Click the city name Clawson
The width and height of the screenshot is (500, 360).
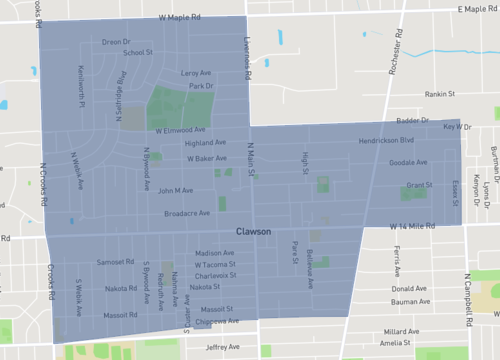click(x=256, y=231)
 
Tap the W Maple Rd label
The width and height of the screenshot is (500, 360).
click(x=185, y=18)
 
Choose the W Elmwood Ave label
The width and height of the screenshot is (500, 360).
click(x=180, y=130)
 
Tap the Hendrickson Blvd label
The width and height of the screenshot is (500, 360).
click(x=386, y=142)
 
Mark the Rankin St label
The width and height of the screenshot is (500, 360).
click(x=439, y=95)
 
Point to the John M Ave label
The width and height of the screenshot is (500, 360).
click(x=175, y=190)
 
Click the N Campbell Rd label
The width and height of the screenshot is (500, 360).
click(x=467, y=301)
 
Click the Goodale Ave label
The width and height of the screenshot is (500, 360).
click(x=408, y=162)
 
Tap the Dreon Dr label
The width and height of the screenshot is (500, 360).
click(x=116, y=42)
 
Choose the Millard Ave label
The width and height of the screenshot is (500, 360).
click(x=401, y=331)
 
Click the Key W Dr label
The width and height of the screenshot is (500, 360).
click(x=456, y=127)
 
